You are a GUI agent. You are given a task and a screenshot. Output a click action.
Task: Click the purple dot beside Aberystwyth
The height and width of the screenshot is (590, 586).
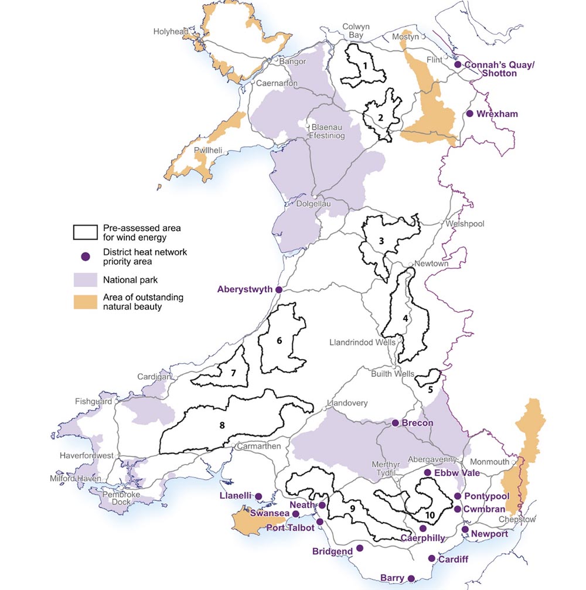tap(279, 289)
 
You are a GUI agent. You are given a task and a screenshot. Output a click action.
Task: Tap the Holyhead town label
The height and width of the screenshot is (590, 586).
tap(171, 32)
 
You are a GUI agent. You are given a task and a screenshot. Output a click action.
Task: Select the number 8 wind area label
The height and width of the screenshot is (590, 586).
tap(222, 425)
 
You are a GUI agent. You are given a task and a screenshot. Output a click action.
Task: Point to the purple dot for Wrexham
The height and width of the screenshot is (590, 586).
tap(469, 114)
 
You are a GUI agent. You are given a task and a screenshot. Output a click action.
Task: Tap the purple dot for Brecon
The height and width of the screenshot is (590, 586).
tap(396, 422)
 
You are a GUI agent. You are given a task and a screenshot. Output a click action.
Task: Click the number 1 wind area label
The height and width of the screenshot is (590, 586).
tap(365, 66)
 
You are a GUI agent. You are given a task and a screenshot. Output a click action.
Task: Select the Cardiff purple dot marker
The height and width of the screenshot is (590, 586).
tap(432, 559)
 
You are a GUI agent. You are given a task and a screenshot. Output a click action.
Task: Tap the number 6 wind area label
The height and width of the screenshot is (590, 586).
tap(280, 340)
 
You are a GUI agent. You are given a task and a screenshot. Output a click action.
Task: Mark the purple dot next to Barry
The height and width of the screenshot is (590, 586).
tap(411, 578)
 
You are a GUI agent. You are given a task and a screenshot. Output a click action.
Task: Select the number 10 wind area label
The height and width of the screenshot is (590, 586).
tap(431, 514)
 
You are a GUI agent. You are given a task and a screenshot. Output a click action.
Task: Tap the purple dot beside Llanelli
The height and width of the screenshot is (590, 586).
tap(258, 496)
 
